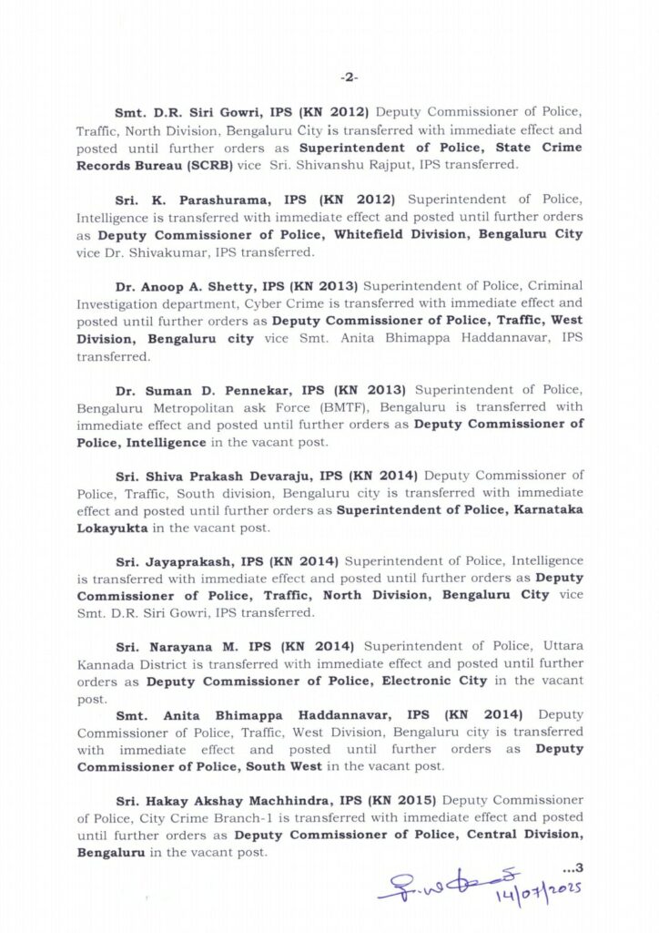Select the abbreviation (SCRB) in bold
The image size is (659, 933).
pyautogui.click(x=210, y=165)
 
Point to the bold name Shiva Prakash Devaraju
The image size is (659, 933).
pyautogui.click(x=223, y=477)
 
